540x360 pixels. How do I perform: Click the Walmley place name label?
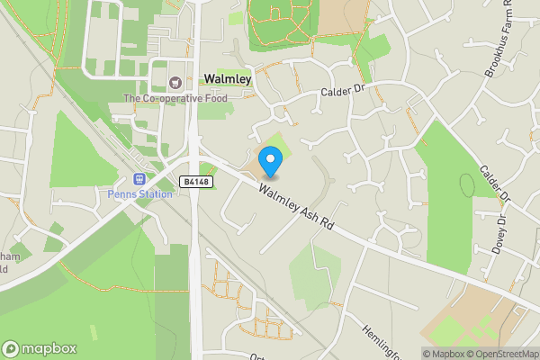coord(227,79)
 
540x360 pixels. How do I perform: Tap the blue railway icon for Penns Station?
coord(139,180)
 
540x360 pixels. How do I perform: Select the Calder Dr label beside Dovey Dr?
coord(495,183)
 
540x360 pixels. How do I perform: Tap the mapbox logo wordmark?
coord(40,349)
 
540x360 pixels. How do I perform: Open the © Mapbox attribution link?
coord(442,354)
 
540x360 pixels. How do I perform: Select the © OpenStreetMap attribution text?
coord(501,354)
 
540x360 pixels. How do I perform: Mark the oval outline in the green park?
coord(466,185)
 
